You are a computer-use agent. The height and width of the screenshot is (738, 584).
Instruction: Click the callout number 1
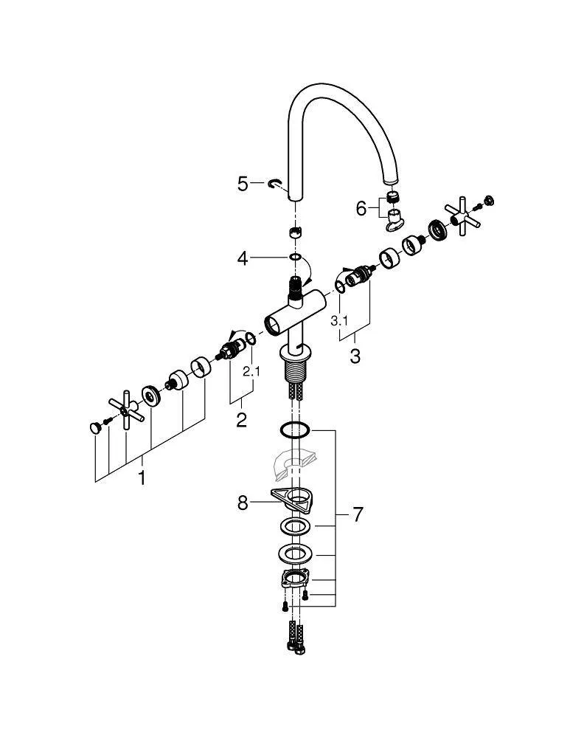(142, 478)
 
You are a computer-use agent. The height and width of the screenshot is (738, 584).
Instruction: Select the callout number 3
(355, 356)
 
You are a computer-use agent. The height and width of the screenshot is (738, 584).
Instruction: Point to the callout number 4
(243, 258)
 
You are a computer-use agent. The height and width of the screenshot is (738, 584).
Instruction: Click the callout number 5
(243, 184)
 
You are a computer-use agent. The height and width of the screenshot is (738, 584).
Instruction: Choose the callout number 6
(361, 209)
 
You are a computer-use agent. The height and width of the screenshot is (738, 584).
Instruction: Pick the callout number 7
(358, 514)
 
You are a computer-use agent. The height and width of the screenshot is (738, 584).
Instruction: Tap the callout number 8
(243, 504)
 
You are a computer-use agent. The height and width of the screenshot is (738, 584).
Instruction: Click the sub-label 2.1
(251, 372)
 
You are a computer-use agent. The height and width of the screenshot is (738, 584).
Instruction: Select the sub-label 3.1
(338, 320)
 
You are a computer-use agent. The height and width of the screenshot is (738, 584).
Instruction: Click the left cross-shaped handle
(123, 409)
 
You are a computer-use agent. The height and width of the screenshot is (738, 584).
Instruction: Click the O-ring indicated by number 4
(294, 258)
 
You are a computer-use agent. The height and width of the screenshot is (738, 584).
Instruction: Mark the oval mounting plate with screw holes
(294, 579)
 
